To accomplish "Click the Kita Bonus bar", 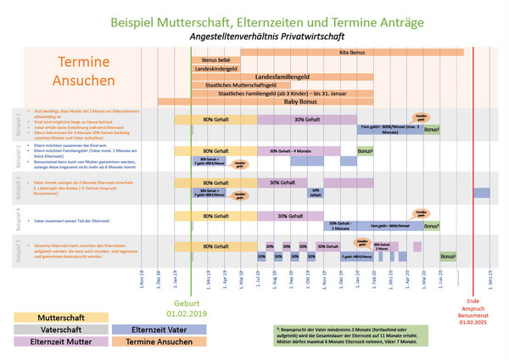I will pos(352,53).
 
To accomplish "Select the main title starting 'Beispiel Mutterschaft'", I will pos(255,17).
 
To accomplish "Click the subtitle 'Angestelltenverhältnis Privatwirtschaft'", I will pos(255,37).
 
